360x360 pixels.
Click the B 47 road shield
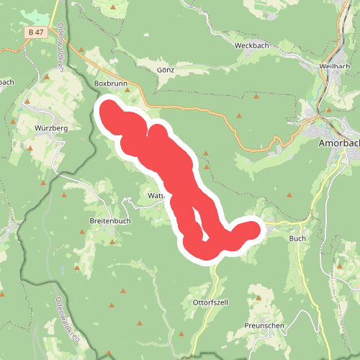[x=35, y=32]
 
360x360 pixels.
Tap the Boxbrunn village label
[x=109, y=84]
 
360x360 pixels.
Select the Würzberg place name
[x=50, y=128]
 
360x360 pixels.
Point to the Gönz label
[x=166, y=71]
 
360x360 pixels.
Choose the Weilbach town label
[x=333, y=66]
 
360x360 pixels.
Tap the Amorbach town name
[x=338, y=143]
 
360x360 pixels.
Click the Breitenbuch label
[x=110, y=221]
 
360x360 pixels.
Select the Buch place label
[x=297, y=238]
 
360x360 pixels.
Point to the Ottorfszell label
[x=210, y=302]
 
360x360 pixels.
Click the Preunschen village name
[x=265, y=325]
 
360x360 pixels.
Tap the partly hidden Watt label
[x=156, y=195]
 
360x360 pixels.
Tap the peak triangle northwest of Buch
[x=289, y=194]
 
